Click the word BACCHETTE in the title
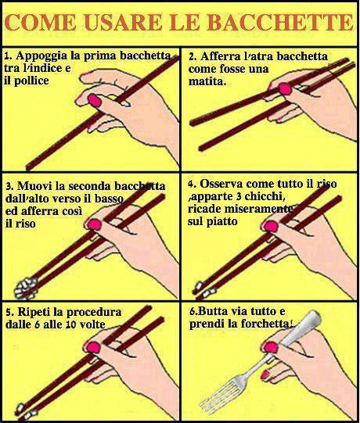(x=281, y=22)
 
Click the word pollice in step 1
(x=31, y=81)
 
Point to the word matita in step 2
(x=207, y=81)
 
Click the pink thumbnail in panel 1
(x=94, y=100)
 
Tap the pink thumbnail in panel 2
(x=285, y=88)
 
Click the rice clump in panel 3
(x=26, y=288)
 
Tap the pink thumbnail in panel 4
(x=271, y=226)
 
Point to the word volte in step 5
(x=92, y=324)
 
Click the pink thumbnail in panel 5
(x=93, y=347)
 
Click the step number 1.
(x=9, y=56)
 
